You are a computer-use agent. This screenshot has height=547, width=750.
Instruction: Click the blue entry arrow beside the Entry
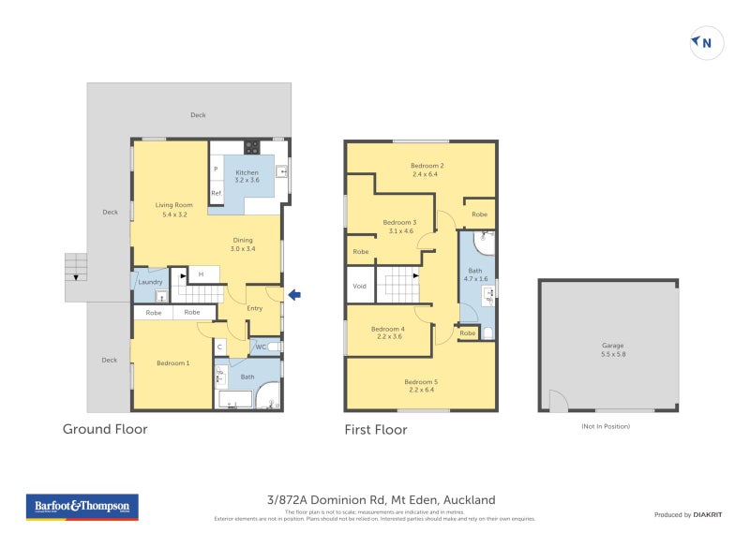coord(294,296)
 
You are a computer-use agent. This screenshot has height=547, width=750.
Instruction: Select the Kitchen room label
coord(247,172)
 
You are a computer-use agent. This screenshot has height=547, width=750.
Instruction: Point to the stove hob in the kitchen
coord(251,147)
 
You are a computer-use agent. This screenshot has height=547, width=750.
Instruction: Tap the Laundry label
coord(151,282)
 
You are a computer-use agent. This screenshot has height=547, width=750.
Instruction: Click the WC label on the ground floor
coord(261,347)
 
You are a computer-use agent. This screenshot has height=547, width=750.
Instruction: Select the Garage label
coord(612,346)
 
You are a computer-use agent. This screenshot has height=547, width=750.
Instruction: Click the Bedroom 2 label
coord(427,166)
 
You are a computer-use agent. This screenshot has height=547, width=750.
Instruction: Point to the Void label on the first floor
coord(359,286)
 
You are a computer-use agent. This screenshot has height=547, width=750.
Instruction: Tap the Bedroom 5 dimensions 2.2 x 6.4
coord(420,391)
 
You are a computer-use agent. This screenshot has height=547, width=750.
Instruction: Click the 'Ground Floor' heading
coord(105,430)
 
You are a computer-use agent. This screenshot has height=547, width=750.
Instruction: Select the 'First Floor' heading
coord(377,430)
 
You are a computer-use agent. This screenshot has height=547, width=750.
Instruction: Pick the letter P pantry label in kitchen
coord(215,170)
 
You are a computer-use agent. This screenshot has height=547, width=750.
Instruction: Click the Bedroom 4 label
coord(387,329)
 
